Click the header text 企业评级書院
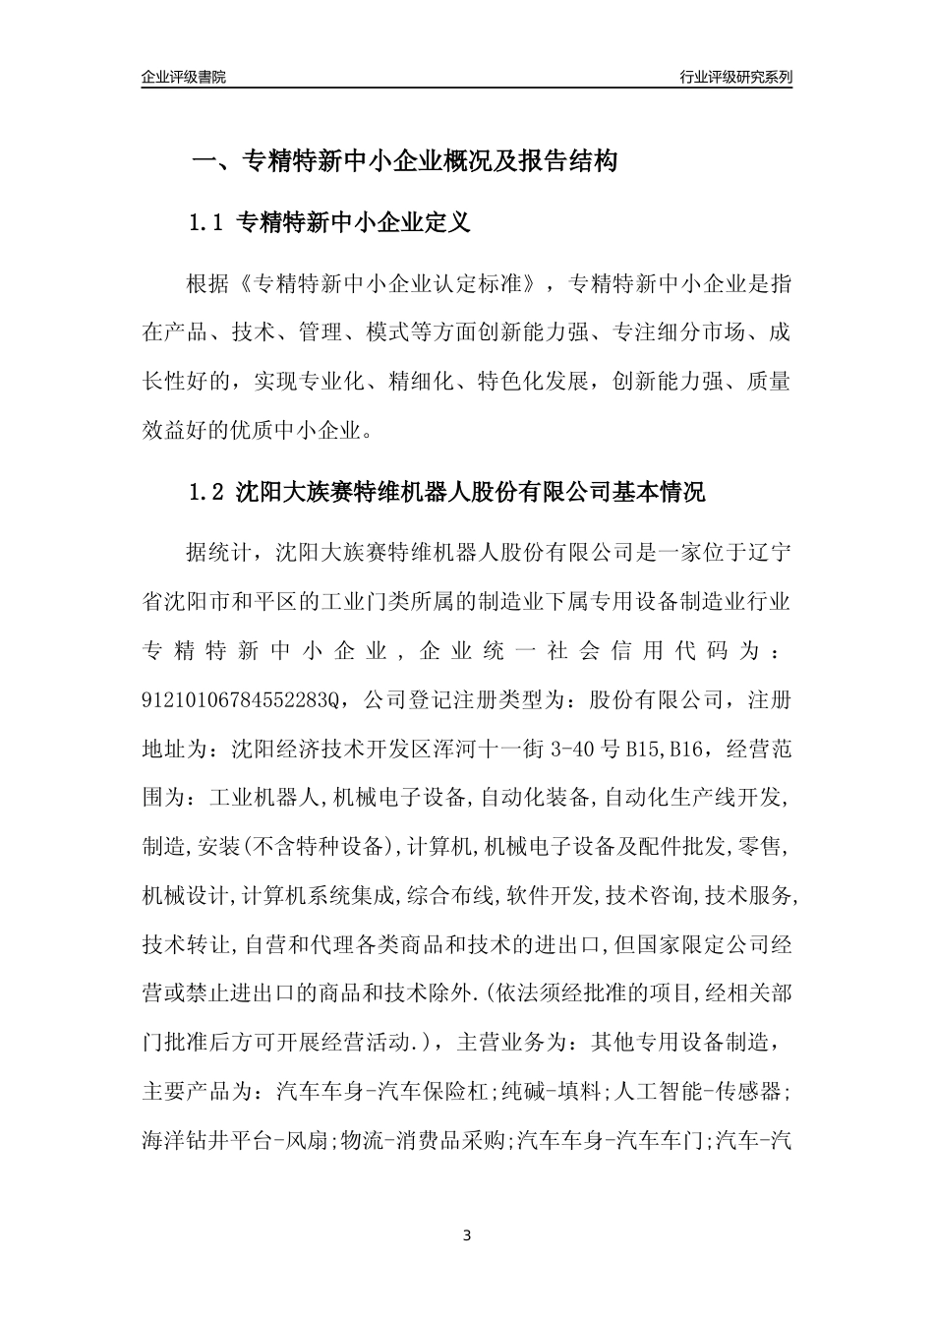coord(184,77)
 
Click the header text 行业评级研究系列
coord(735,77)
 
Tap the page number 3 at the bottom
coord(467,1235)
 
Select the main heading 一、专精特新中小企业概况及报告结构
coord(403,161)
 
